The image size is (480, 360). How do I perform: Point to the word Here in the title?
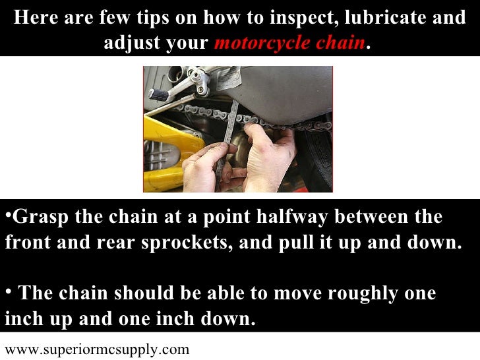36,17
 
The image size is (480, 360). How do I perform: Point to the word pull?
296,243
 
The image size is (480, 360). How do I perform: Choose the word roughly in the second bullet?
363,294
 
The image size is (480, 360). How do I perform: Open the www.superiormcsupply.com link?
97,350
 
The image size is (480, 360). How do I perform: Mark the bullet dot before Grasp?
9,216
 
